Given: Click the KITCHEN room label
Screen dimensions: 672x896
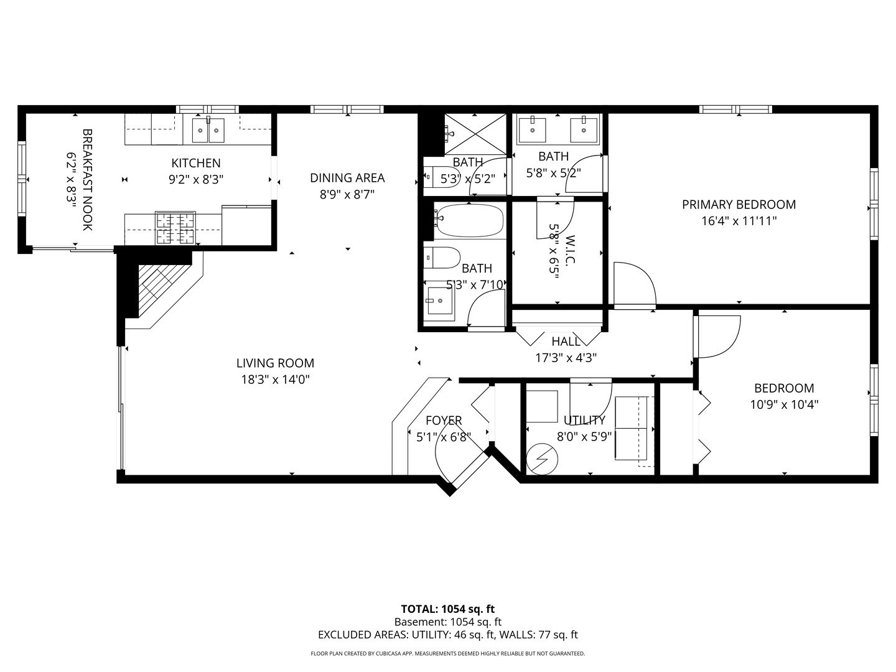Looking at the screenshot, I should point(196,163).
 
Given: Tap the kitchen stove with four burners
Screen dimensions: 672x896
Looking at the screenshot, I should point(175,228).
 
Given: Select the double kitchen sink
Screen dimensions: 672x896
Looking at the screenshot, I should point(208,130).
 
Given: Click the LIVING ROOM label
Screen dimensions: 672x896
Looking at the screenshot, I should point(275,363).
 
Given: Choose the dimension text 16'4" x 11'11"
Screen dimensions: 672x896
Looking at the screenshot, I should point(739,220).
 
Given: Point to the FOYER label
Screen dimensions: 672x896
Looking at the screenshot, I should point(444,421).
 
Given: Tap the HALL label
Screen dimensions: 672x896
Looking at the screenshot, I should point(566,342).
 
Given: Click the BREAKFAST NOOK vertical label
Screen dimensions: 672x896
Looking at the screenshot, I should point(87,180).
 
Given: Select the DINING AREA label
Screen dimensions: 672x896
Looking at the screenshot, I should point(347,178).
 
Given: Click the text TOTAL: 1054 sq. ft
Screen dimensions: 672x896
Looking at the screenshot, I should point(447,609).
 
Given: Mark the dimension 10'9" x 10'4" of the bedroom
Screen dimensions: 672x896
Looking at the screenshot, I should point(784,404).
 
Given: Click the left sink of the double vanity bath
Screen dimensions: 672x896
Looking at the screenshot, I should point(533,129).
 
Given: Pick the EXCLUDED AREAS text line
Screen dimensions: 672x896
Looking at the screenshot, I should point(447,635).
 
